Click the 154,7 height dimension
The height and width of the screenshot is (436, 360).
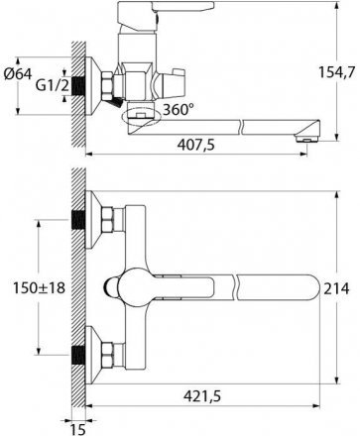[336, 72]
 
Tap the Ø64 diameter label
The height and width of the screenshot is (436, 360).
[18, 73]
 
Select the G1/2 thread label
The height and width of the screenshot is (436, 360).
[53, 86]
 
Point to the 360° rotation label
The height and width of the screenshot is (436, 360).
[179, 109]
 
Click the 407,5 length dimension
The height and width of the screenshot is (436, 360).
[196, 145]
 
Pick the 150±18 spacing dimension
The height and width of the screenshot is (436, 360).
[39, 287]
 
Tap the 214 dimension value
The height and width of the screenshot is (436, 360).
[336, 288]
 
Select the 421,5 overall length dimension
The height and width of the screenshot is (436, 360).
[202, 395]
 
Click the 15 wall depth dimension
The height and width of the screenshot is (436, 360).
[78, 429]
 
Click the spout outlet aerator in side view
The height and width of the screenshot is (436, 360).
[308, 139]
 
